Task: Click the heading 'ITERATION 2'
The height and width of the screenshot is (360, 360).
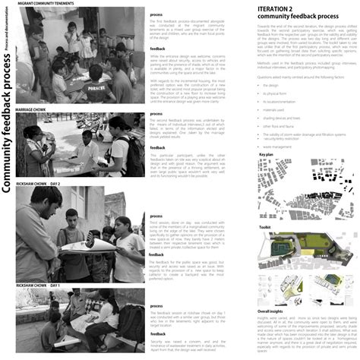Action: point(279,8)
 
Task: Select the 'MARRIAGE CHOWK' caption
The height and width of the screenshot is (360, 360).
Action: point(40,108)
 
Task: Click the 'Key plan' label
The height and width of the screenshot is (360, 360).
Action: point(266,154)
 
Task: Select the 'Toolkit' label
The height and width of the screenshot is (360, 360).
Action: point(264,226)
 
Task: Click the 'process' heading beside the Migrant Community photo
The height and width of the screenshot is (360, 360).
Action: point(156,14)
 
